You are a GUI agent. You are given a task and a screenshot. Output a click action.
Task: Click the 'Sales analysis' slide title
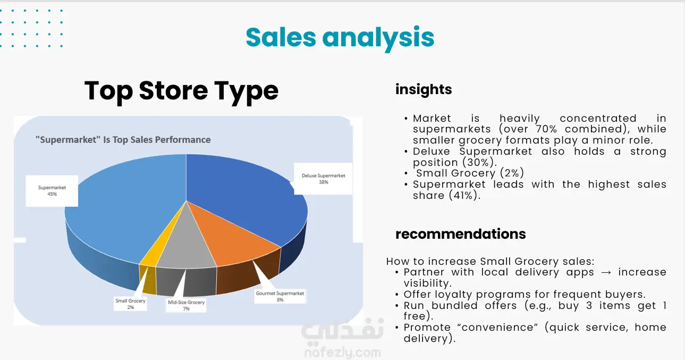click(x=340, y=38)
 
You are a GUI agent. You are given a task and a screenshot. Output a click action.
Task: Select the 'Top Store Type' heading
click(x=181, y=91)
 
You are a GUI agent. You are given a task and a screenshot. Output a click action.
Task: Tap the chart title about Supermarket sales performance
click(x=123, y=140)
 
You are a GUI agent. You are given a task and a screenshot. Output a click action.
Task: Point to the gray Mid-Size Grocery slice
click(x=187, y=248)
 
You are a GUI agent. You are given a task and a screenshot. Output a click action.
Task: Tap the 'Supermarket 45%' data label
click(x=52, y=191)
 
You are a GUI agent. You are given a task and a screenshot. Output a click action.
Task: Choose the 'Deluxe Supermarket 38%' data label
click(x=323, y=179)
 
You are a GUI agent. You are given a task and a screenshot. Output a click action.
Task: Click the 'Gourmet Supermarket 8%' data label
click(x=280, y=296)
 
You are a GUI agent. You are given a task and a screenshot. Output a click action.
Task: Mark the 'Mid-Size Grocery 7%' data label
click(x=186, y=305)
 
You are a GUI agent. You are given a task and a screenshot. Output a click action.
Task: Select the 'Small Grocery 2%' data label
click(x=130, y=304)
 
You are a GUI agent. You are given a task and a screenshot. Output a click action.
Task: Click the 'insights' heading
click(x=424, y=89)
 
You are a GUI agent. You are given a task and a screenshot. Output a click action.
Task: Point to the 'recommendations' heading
click(x=461, y=234)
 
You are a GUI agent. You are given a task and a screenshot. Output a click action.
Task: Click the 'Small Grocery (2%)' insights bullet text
click(x=470, y=173)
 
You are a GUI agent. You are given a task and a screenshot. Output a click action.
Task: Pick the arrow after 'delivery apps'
click(x=606, y=272)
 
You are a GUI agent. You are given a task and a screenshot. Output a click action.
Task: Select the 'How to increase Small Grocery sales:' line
click(x=490, y=262)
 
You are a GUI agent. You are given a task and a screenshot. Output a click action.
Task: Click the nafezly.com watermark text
click(x=343, y=353)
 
